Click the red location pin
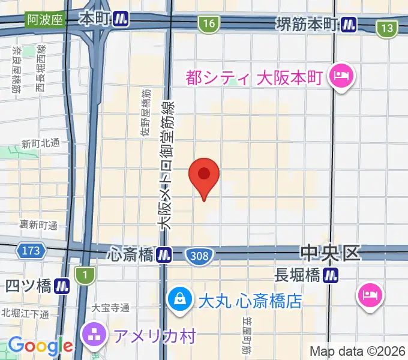204,176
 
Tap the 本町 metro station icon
122,19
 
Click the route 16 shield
208,24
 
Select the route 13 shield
388,28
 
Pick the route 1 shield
85,274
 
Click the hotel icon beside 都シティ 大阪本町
341,77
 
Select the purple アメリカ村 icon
95,334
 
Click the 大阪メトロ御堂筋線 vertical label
166,164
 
